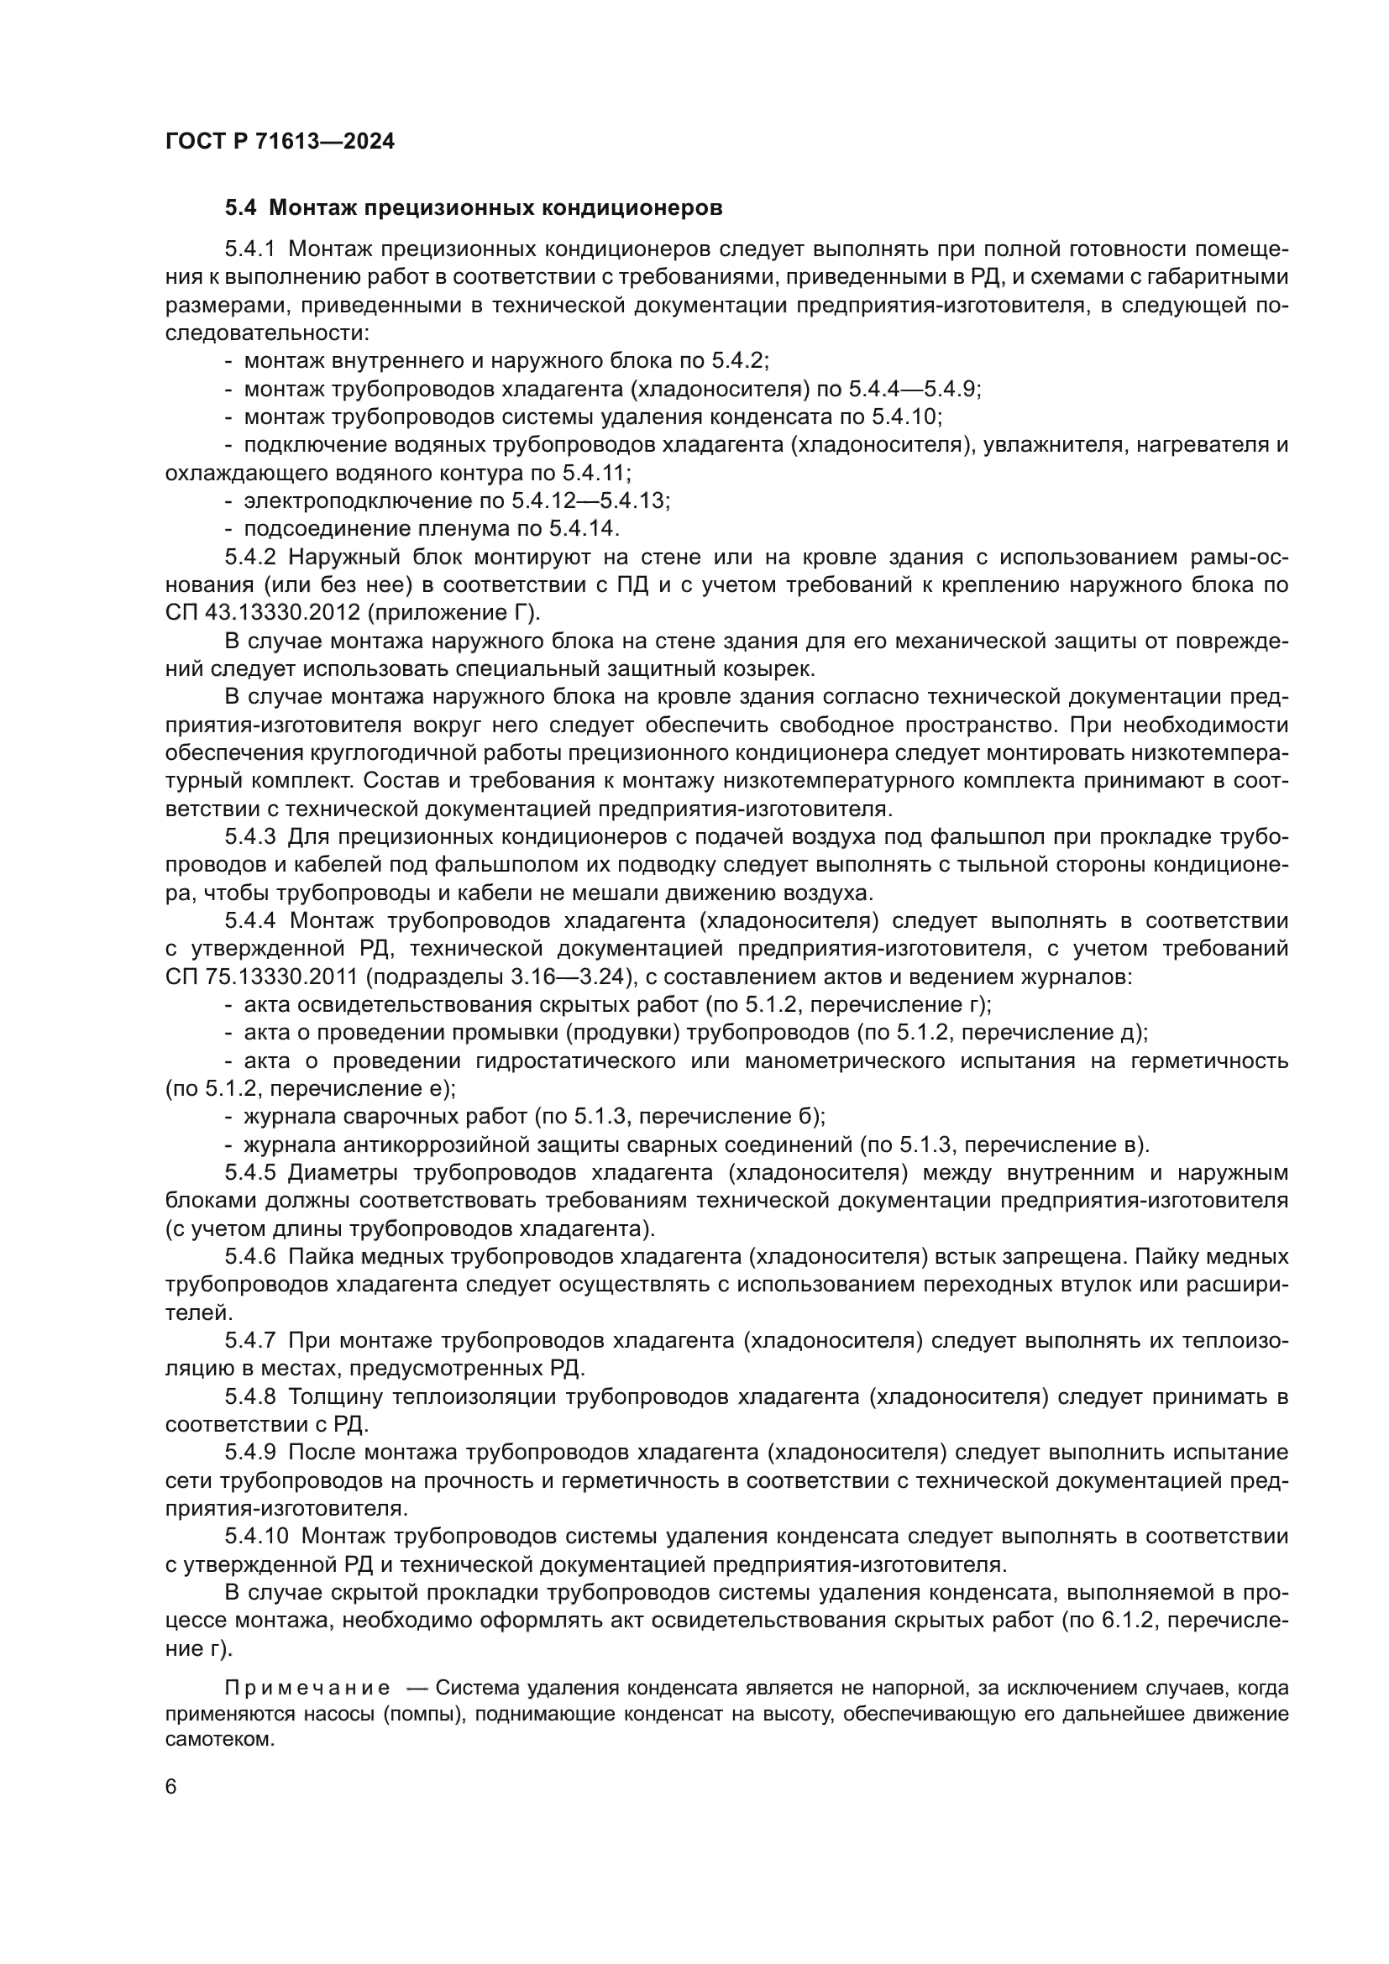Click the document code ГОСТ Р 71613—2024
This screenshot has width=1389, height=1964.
pos(280,142)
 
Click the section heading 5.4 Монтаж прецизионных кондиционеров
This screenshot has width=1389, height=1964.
pos(474,208)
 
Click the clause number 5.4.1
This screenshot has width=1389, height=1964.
pos(249,249)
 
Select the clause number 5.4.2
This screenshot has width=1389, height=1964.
pos(249,558)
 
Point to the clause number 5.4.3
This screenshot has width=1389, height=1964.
pos(249,836)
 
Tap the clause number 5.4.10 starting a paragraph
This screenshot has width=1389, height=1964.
pos(257,1537)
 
